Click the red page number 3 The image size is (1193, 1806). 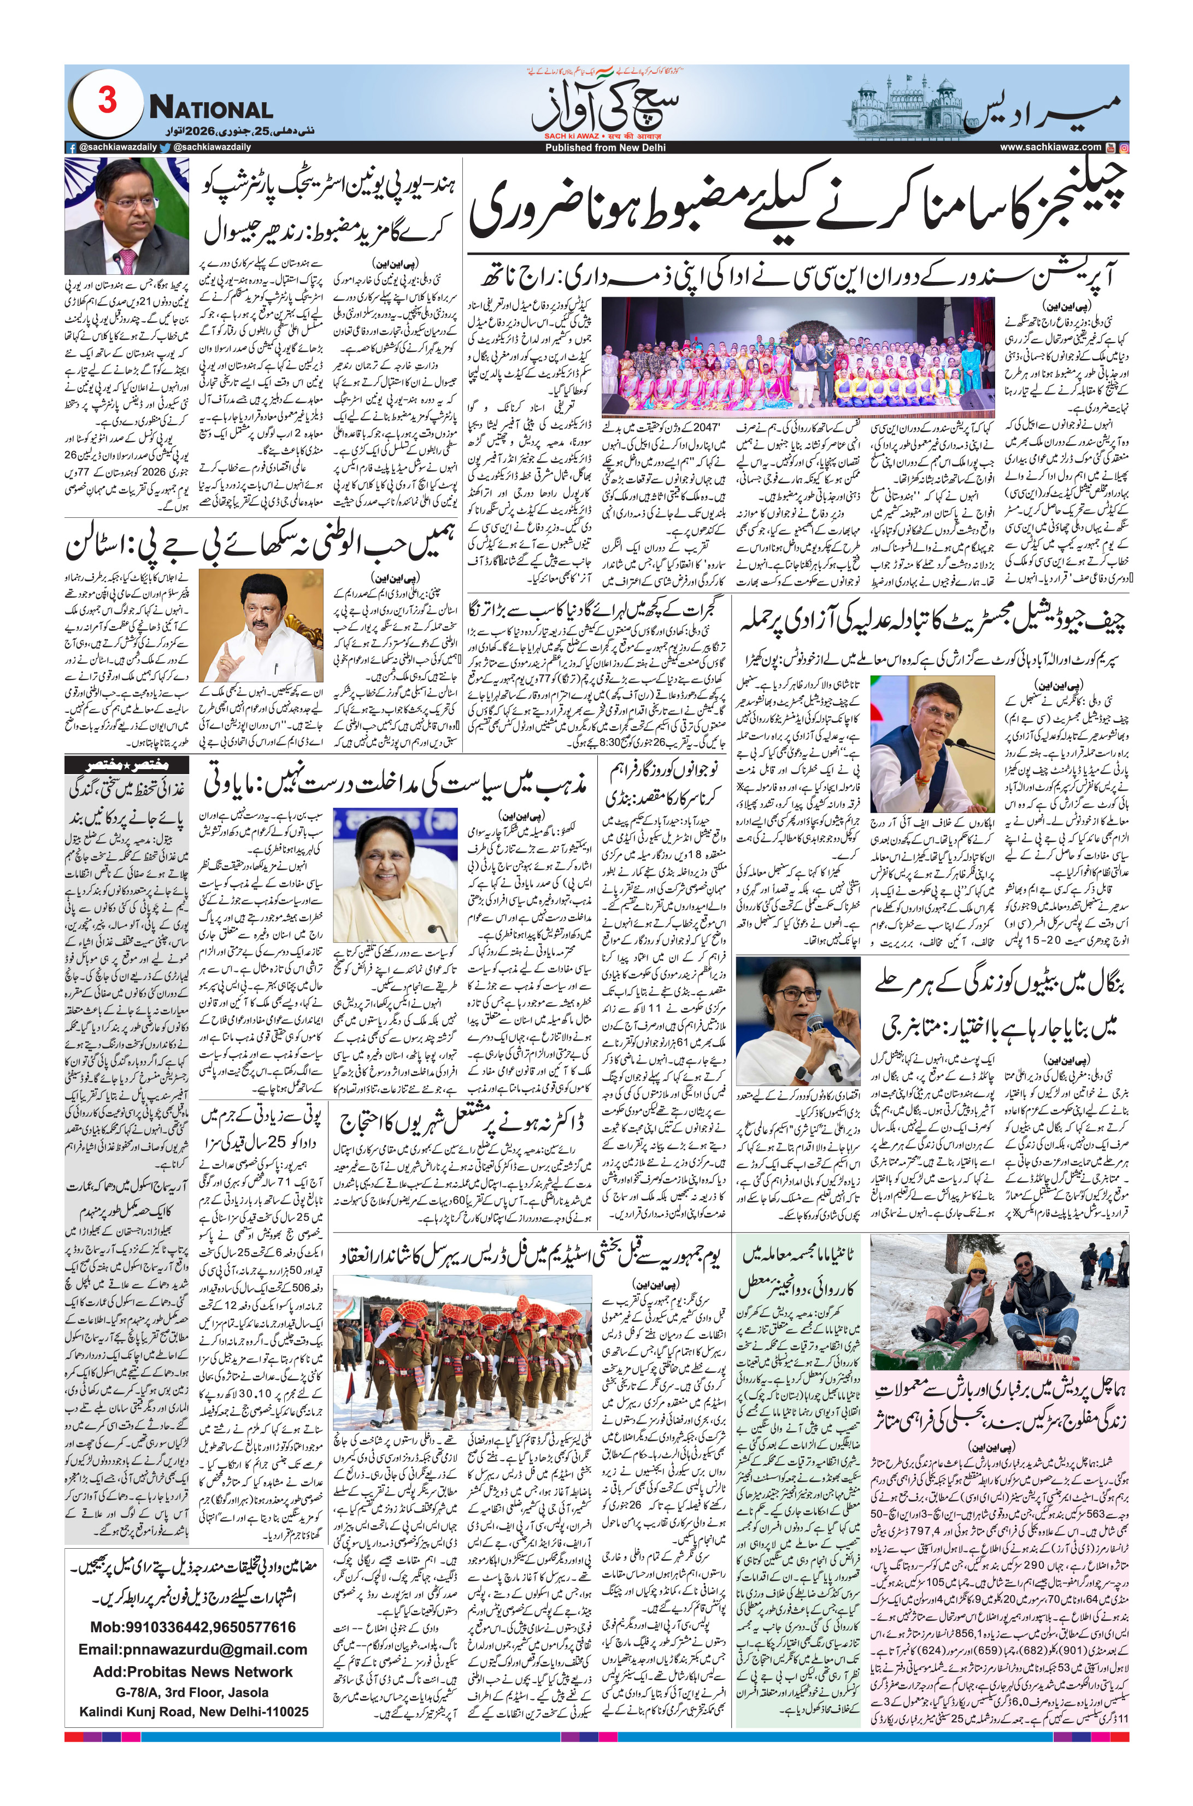[x=107, y=99]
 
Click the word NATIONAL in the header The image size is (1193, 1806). [x=211, y=109]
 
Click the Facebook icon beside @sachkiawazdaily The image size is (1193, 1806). [x=70, y=147]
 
